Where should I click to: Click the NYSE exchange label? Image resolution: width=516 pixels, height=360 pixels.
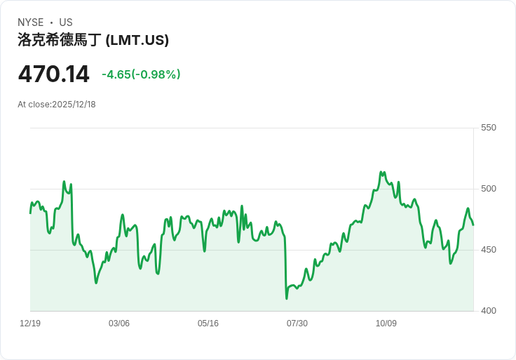(x=30, y=22)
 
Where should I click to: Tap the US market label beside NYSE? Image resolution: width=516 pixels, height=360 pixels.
(x=66, y=22)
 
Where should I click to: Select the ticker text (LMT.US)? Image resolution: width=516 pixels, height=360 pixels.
(x=137, y=40)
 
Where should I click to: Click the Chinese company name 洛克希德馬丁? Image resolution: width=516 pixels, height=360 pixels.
(x=60, y=40)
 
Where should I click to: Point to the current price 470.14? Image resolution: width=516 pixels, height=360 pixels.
(x=53, y=74)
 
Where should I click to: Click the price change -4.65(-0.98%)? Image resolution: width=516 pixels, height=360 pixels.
(x=141, y=74)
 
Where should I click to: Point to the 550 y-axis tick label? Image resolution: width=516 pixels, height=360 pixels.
(x=488, y=128)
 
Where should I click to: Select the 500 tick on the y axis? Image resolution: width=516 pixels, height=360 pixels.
(x=488, y=189)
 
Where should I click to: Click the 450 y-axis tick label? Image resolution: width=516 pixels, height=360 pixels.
(x=488, y=250)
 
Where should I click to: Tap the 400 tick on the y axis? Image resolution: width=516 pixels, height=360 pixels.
(x=488, y=311)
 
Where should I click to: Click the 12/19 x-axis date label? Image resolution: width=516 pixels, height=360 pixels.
(x=30, y=324)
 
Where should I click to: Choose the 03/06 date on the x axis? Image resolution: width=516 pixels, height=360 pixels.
(x=119, y=324)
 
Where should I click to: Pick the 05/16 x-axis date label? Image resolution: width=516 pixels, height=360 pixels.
(x=208, y=324)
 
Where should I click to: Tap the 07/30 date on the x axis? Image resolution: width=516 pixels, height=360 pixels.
(x=297, y=324)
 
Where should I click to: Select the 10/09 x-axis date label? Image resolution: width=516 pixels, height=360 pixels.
(x=386, y=324)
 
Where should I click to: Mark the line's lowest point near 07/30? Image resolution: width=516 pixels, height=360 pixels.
(x=287, y=298)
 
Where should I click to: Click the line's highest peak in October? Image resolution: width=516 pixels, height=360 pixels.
(x=381, y=171)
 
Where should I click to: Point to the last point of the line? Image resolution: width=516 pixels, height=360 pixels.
(x=473, y=225)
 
